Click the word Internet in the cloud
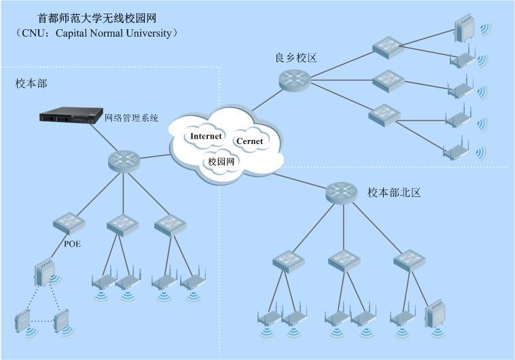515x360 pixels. pos(207,136)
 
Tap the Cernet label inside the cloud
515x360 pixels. pos(249,141)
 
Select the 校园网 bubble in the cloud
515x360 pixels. pos(221,162)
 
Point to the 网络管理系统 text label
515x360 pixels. pos(132,118)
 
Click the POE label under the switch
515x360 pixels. pos(71,244)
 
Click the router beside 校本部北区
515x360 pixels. pos(340,192)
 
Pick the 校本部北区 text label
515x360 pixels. pos(395,192)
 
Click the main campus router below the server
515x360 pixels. pos(123,161)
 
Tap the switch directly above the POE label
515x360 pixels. pos(71,223)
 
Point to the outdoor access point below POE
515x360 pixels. pos(43,274)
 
